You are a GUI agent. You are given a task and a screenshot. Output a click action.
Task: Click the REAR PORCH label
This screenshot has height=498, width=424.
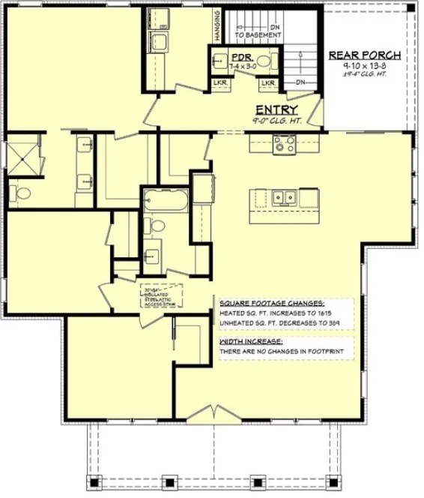click(x=365, y=55)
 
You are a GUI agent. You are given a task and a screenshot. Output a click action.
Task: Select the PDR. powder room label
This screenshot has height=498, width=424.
click(x=240, y=56)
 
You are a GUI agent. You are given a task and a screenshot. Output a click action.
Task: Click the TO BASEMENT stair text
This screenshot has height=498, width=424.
click(x=258, y=34)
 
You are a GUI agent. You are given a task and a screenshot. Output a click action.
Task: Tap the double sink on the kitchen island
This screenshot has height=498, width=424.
click(x=284, y=197)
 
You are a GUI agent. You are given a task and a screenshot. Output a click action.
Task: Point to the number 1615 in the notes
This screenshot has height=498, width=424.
click(x=319, y=312)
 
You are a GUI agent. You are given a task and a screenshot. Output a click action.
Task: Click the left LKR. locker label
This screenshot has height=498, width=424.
click(x=219, y=82)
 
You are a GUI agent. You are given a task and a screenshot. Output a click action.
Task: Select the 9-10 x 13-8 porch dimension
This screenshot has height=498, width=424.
click(x=365, y=66)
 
